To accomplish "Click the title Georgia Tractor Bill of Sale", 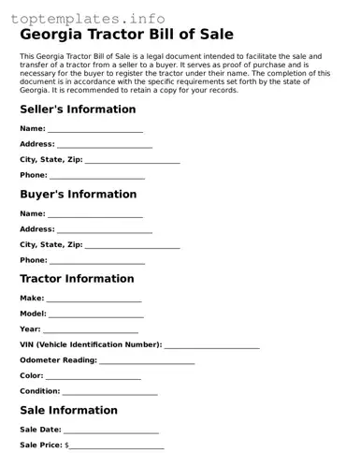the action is [126, 35].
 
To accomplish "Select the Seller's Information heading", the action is [78, 109].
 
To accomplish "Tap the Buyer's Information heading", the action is [78, 195].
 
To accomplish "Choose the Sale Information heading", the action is [68, 410].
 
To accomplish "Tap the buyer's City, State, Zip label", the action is [51, 245].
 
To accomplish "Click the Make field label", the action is [32, 299].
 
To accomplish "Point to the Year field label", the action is [30, 329].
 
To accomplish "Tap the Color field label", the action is [32, 376].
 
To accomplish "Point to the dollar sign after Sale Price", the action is [66, 445].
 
